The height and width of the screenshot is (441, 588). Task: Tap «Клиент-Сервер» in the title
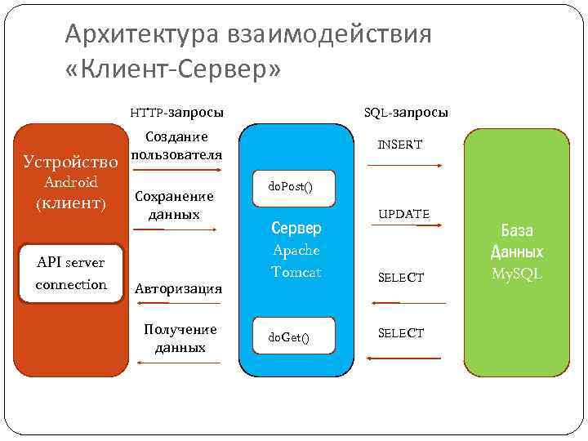[172, 71]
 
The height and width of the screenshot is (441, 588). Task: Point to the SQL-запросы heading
[406, 112]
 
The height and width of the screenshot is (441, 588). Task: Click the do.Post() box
[290, 187]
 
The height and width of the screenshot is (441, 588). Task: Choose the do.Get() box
[290, 336]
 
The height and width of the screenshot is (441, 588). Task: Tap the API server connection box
[71, 274]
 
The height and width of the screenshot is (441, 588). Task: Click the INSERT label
[400, 145]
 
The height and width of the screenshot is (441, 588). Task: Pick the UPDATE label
[403, 214]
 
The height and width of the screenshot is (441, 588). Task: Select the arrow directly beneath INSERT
[405, 166]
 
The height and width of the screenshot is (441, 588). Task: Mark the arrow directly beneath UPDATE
[405, 234]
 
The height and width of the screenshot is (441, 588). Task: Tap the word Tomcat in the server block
[296, 271]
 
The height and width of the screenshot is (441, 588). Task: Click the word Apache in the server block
[296, 250]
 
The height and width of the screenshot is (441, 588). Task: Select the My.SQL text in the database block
[517, 274]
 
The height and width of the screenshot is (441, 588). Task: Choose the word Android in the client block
[71, 182]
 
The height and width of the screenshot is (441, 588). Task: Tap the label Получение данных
[180, 338]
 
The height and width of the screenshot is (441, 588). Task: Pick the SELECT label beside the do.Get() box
[401, 333]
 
